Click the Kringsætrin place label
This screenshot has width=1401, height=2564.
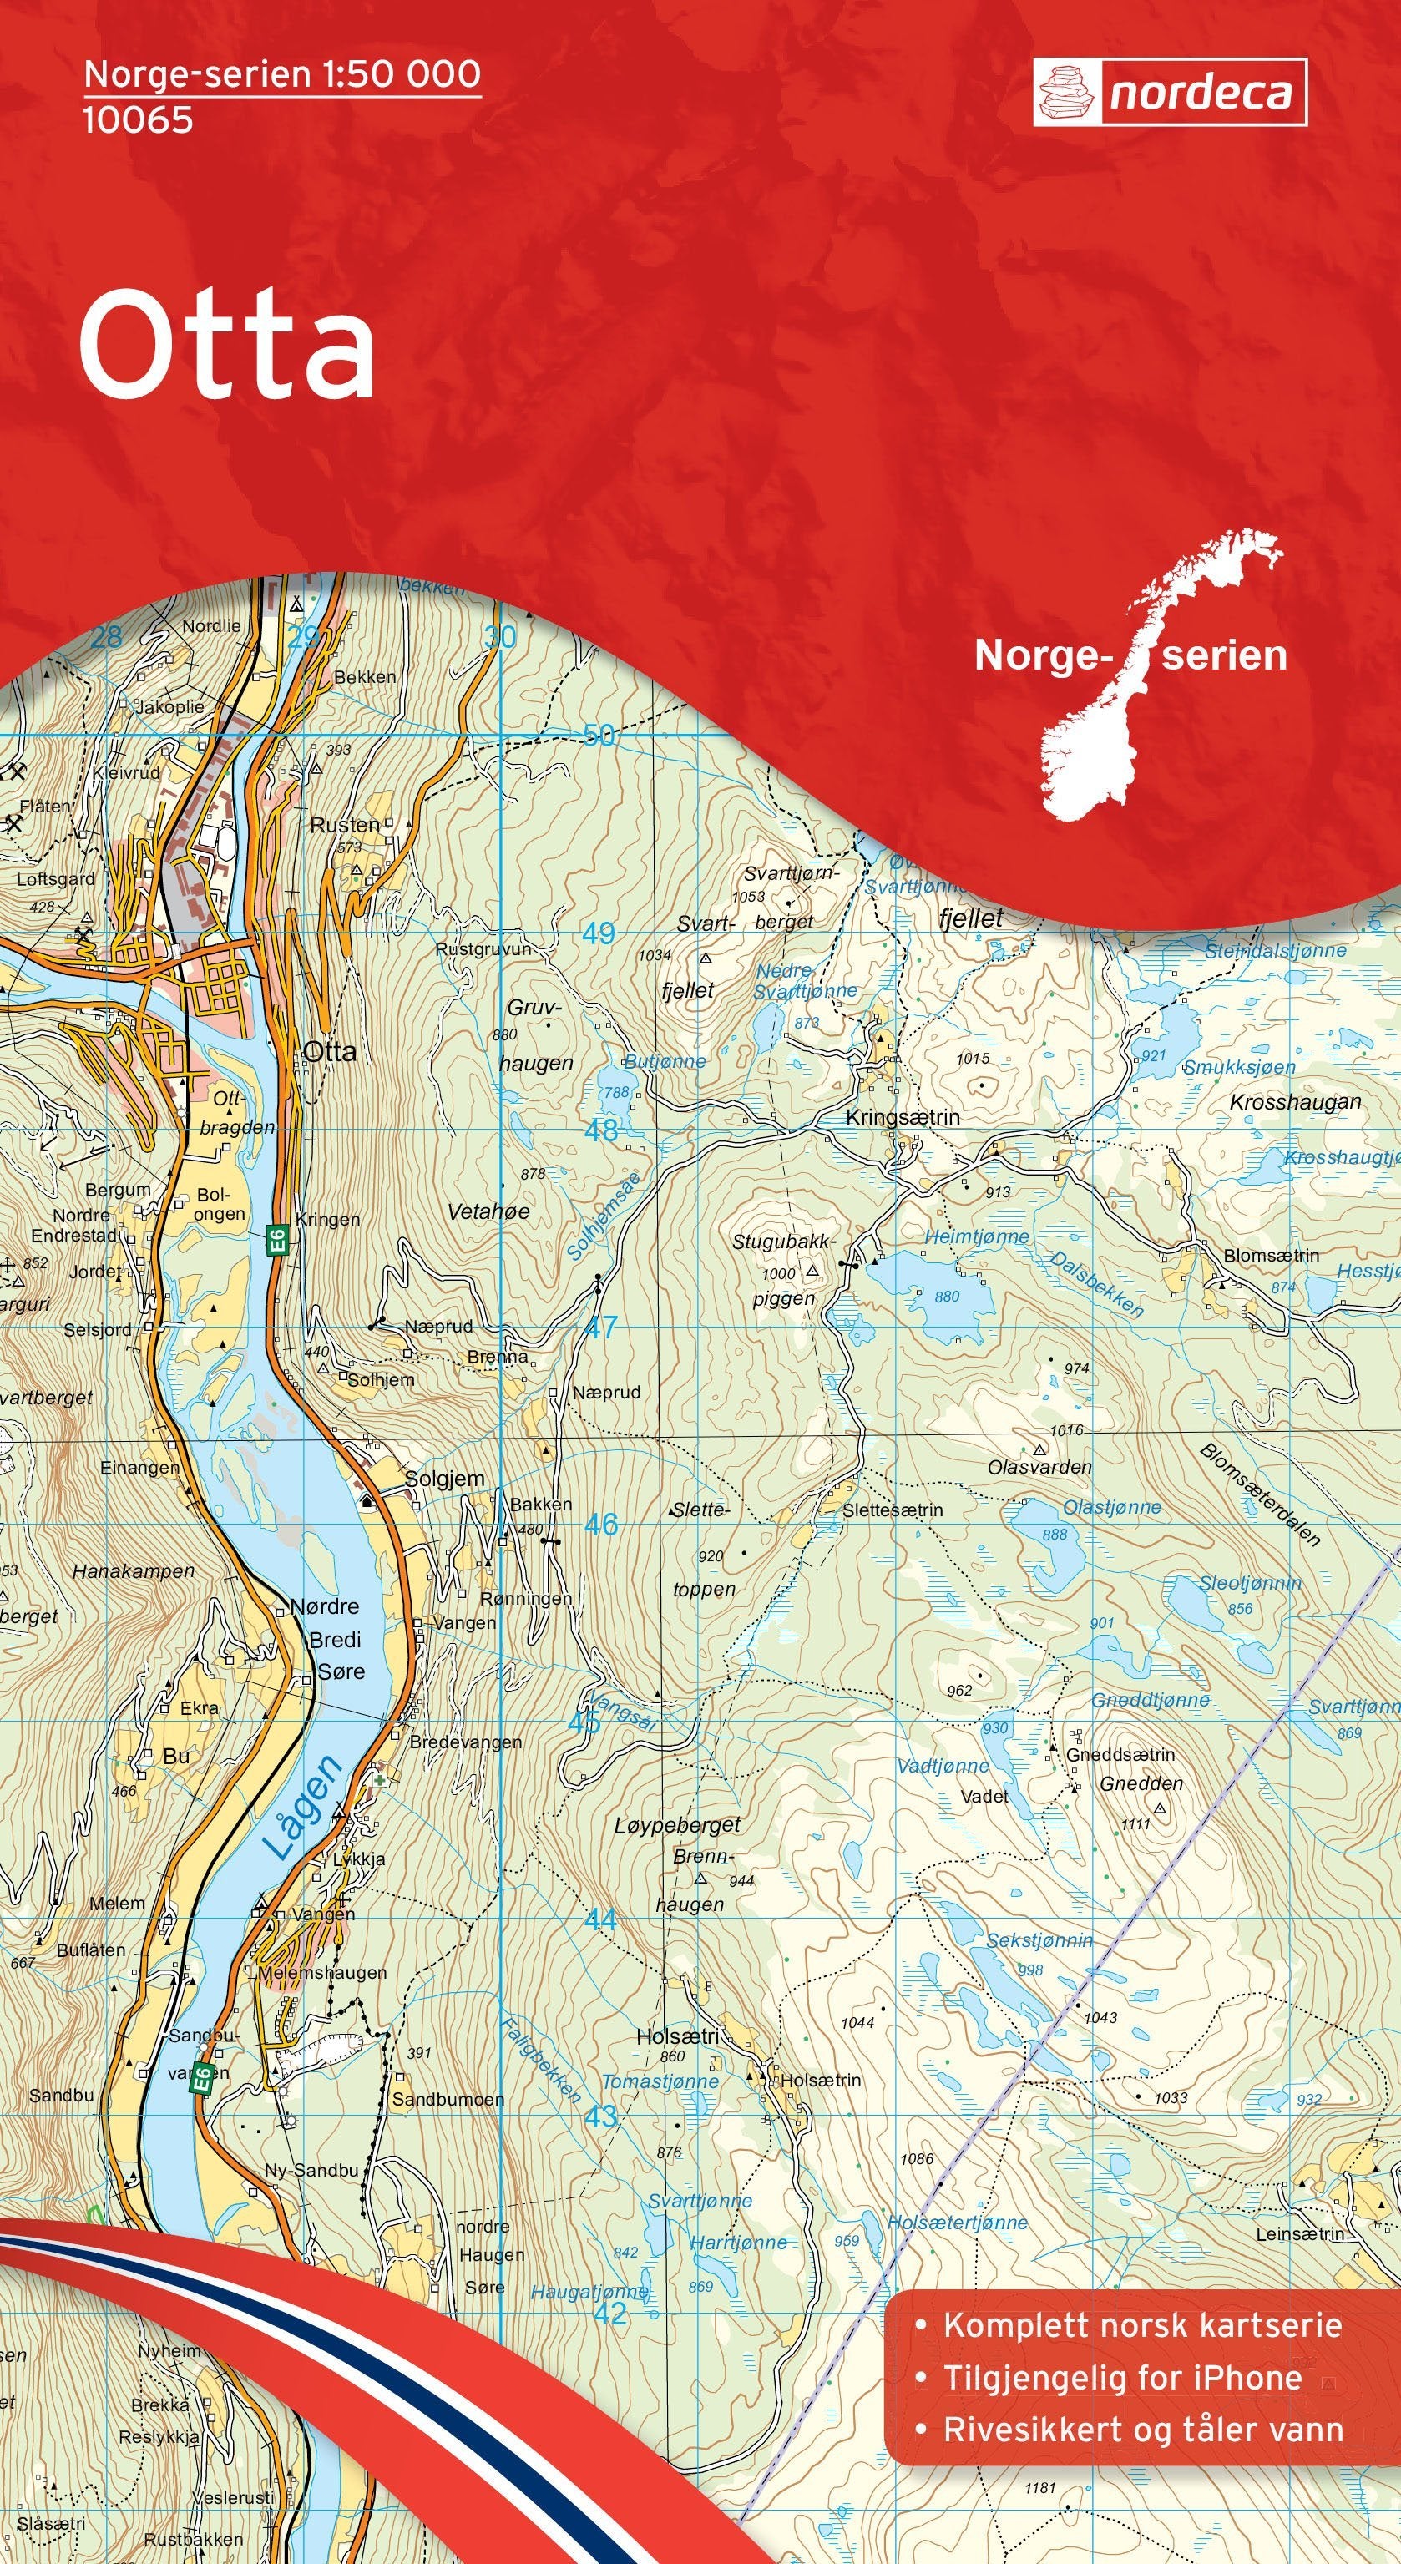point(903,1118)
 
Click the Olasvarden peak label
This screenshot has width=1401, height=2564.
point(1039,1467)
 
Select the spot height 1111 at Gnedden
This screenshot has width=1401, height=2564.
point(1135,1823)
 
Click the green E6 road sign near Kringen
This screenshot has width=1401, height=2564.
point(279,1240)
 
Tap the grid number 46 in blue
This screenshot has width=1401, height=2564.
point(600,1524)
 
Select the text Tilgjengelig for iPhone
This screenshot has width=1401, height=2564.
point(1122,2398)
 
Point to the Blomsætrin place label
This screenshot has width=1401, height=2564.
point(1271,1255)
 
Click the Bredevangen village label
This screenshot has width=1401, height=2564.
point(466,1742)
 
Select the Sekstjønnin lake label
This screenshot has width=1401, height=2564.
point(1039,1940)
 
